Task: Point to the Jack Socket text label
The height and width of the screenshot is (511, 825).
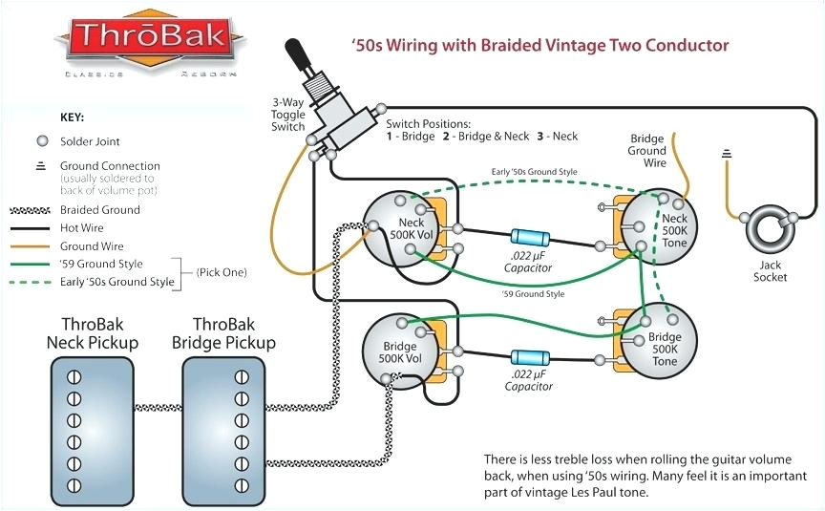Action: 770,270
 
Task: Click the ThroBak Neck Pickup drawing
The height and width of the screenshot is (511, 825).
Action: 98,415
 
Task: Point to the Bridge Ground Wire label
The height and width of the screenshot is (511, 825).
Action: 646,150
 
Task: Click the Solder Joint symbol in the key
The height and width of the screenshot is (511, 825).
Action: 41,141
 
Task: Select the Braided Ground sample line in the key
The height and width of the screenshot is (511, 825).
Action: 32,210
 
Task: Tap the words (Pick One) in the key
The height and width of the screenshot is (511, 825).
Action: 222,272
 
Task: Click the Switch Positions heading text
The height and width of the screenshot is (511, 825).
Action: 428,124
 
